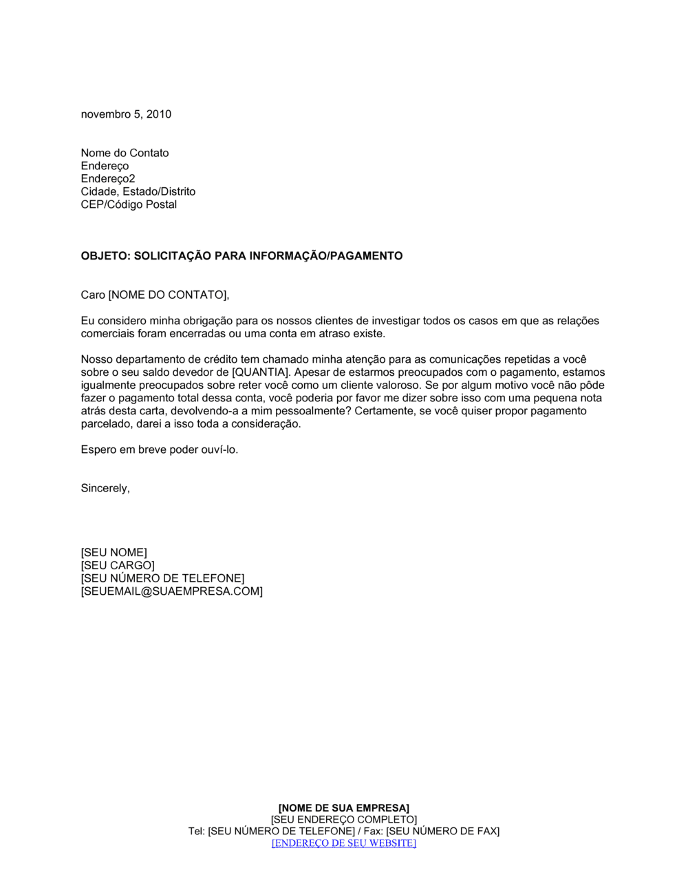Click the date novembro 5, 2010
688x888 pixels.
(x=126, y=114)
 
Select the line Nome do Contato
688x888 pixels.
(x=125, y=153)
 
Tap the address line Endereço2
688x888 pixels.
(x=108, y=179)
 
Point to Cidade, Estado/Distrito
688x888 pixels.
(x=138, y=191)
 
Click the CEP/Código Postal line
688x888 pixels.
(x=129, y=204)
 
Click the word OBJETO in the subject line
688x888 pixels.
(x=104, y=256)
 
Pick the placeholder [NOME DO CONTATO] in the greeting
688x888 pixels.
(x=168, y=295)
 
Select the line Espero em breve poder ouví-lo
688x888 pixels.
(x=160, y=450)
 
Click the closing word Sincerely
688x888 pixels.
(x=105, y=489)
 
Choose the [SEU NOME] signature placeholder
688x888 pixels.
(x=114, y=553)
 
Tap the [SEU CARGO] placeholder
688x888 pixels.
(x=118, y=566)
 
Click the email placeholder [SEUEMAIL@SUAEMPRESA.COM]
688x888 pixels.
(x=171, y=591)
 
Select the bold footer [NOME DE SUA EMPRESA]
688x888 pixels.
(x=344, y=807)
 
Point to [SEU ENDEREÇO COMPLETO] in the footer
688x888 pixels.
(x=344, y=819)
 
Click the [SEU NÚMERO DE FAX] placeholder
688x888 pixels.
(x=442, y=831)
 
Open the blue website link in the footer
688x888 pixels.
(x=344, y=843)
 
